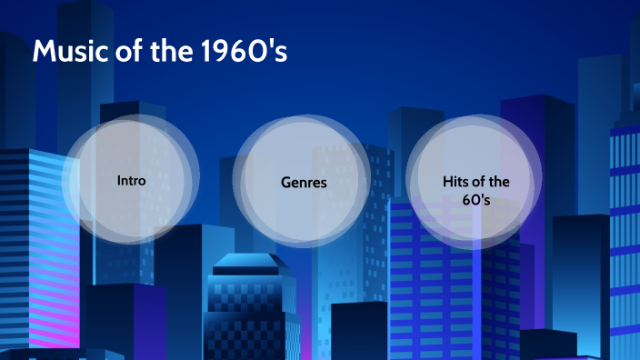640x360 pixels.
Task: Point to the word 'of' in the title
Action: pos(122,53)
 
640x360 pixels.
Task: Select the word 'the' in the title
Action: pos(168,53)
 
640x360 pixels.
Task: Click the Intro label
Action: pos(131,180)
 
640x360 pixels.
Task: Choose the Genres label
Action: pos(304,183)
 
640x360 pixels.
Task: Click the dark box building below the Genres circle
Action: pos(359,329)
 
